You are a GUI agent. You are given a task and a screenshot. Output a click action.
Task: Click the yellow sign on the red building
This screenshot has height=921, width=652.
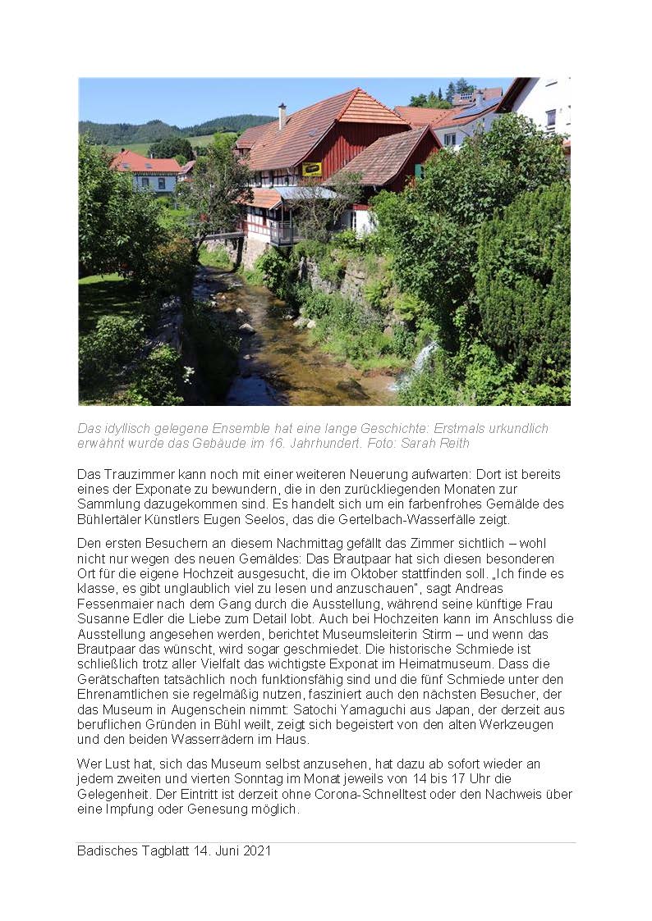[312, 169]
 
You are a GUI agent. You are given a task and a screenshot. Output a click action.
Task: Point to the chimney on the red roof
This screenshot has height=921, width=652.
[282, 116]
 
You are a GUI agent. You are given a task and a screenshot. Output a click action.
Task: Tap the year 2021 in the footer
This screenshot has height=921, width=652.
[255, 850]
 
